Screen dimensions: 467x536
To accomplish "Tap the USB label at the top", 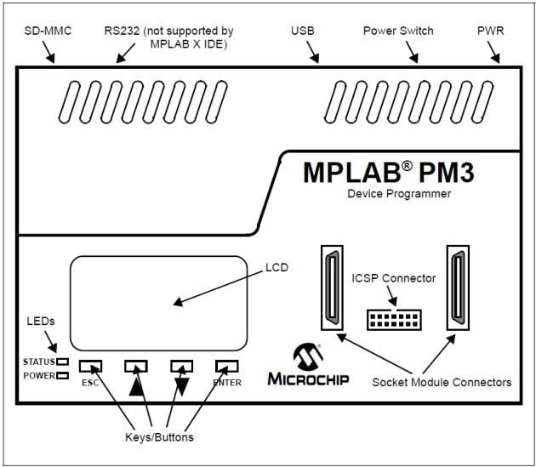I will [302, 31].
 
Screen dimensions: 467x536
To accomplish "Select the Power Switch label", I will [397, 31].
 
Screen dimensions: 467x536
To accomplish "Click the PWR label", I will [491, 31].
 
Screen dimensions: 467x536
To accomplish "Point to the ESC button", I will [90, 366].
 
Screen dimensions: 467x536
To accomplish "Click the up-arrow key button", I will [136, 366].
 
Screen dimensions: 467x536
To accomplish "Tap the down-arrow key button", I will [181, 366].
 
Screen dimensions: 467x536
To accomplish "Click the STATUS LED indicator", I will [62, 362].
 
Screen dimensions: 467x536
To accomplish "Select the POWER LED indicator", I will [62, 375].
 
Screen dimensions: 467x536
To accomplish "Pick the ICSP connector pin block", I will [393, 320].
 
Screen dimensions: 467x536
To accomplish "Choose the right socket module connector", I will [457, 288].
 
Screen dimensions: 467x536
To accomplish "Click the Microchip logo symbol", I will [305, 356].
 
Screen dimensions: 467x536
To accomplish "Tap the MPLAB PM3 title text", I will [389, 172].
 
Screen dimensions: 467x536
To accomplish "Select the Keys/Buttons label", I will [153, 437].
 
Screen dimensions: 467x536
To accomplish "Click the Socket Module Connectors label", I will [442, 382].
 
